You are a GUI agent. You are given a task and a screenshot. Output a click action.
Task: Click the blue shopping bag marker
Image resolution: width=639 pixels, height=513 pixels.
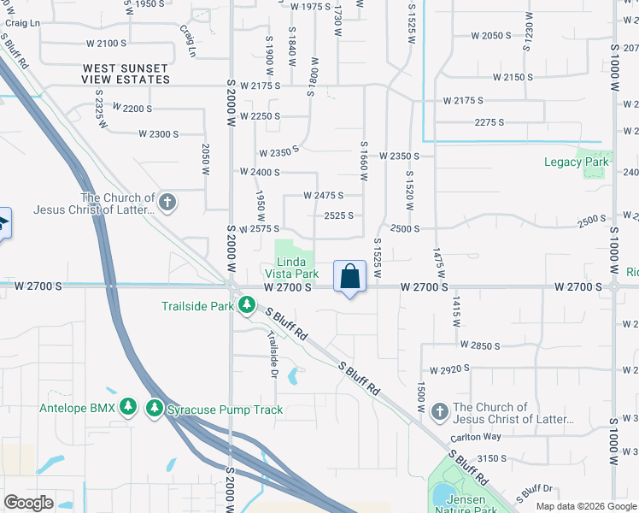pos(349,277)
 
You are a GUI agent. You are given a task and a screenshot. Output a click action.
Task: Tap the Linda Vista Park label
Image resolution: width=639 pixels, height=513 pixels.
pos(291,268)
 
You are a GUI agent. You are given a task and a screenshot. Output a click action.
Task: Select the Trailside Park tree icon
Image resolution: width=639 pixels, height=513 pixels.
pos(247,305)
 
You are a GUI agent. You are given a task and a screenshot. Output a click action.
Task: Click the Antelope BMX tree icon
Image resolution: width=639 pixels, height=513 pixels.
pos(128,408)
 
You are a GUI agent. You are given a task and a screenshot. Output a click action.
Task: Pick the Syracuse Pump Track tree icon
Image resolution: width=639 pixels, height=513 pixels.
pos(155,408)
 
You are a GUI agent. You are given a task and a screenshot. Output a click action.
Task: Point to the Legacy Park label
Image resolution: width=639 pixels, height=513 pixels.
pos(577,162)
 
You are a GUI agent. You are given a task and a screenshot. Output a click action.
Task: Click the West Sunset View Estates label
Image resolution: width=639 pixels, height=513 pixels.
pos(126,74)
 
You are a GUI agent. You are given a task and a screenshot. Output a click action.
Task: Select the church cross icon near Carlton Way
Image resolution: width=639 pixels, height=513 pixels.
pos(439,413)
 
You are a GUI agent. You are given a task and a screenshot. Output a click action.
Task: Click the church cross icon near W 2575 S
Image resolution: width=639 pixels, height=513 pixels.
pos(167,203)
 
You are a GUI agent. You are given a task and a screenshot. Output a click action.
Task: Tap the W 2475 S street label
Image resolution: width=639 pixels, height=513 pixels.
pos(324,196)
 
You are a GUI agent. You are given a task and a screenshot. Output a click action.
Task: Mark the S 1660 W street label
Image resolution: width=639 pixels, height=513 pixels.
pos(363,161)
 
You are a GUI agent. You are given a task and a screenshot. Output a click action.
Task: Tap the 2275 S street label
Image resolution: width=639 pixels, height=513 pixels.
pos(489,122)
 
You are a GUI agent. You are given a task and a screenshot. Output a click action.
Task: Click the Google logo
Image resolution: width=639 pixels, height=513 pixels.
pos(29,502)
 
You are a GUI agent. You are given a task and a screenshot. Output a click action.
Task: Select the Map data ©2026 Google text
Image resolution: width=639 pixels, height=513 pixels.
pos(585,506)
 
